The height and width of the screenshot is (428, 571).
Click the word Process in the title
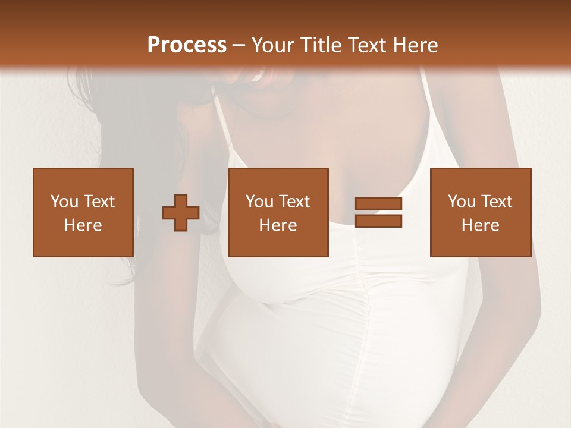point(187,45)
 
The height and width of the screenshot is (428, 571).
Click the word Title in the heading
point(320,45)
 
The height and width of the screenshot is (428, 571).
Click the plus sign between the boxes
point(181,213)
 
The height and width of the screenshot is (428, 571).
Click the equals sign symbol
point(378,212)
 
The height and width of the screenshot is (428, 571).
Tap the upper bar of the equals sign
point(378,204)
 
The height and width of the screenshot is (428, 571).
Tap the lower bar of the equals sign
point(378,221)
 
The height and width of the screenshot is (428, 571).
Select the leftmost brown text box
point(83,212)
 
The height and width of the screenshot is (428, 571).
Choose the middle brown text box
point(278,212)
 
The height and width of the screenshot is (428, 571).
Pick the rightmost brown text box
point(481,212)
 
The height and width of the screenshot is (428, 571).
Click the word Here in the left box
point(83,225)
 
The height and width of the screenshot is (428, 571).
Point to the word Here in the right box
point(481,225)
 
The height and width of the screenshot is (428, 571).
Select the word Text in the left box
point(99,202)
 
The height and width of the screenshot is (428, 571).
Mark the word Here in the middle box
point(278,225)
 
